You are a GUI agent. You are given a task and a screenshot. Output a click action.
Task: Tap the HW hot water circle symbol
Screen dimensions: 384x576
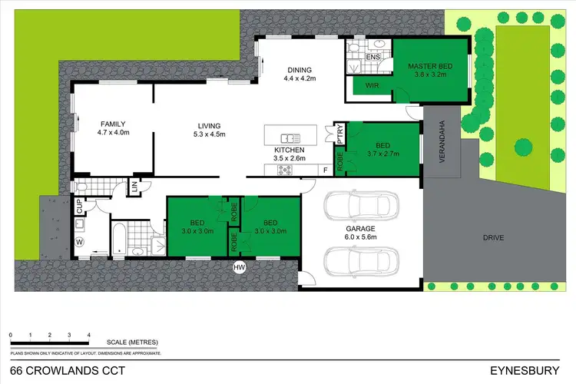pyautogui.click(x=240, y=267)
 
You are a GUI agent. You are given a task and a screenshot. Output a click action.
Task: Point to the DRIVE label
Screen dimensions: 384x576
pyautogui.click(x=494, y=238)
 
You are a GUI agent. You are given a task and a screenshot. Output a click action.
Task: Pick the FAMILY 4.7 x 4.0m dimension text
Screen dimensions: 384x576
pyautogui.click(x=113, y=133)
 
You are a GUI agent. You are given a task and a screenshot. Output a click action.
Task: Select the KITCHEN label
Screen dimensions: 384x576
pyautogui.click(x=290, y=150)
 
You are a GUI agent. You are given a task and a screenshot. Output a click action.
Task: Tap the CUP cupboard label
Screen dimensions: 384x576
pyautogui.click(x=78, y=205)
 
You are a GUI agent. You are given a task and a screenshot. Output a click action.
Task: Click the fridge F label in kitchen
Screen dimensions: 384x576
pyautogui.click(x=325, y=168)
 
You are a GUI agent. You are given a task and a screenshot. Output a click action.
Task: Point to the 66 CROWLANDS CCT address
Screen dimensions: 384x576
pyautogui.click(x=51, y=370)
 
